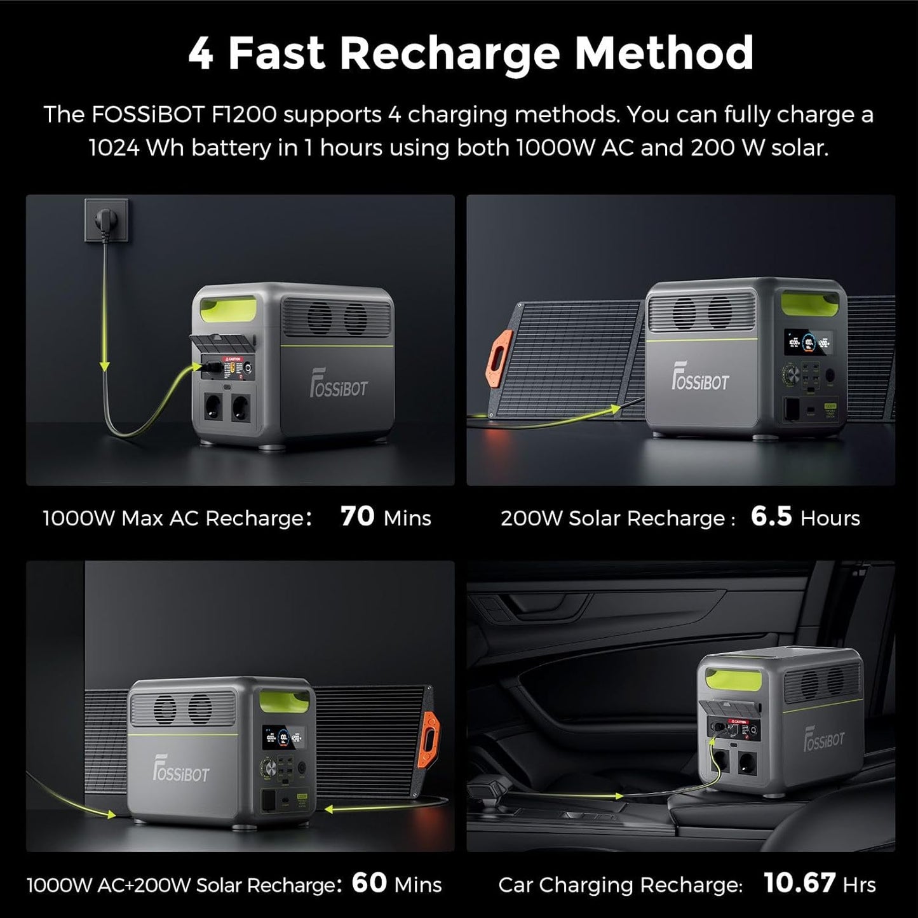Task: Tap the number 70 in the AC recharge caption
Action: [358, 516]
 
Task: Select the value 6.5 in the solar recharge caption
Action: [771, 516]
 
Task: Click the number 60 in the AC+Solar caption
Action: [369, 883]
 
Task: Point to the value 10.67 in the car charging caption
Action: [799, 883]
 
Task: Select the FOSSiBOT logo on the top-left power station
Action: [339, 387]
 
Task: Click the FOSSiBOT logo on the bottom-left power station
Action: [180, 773]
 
